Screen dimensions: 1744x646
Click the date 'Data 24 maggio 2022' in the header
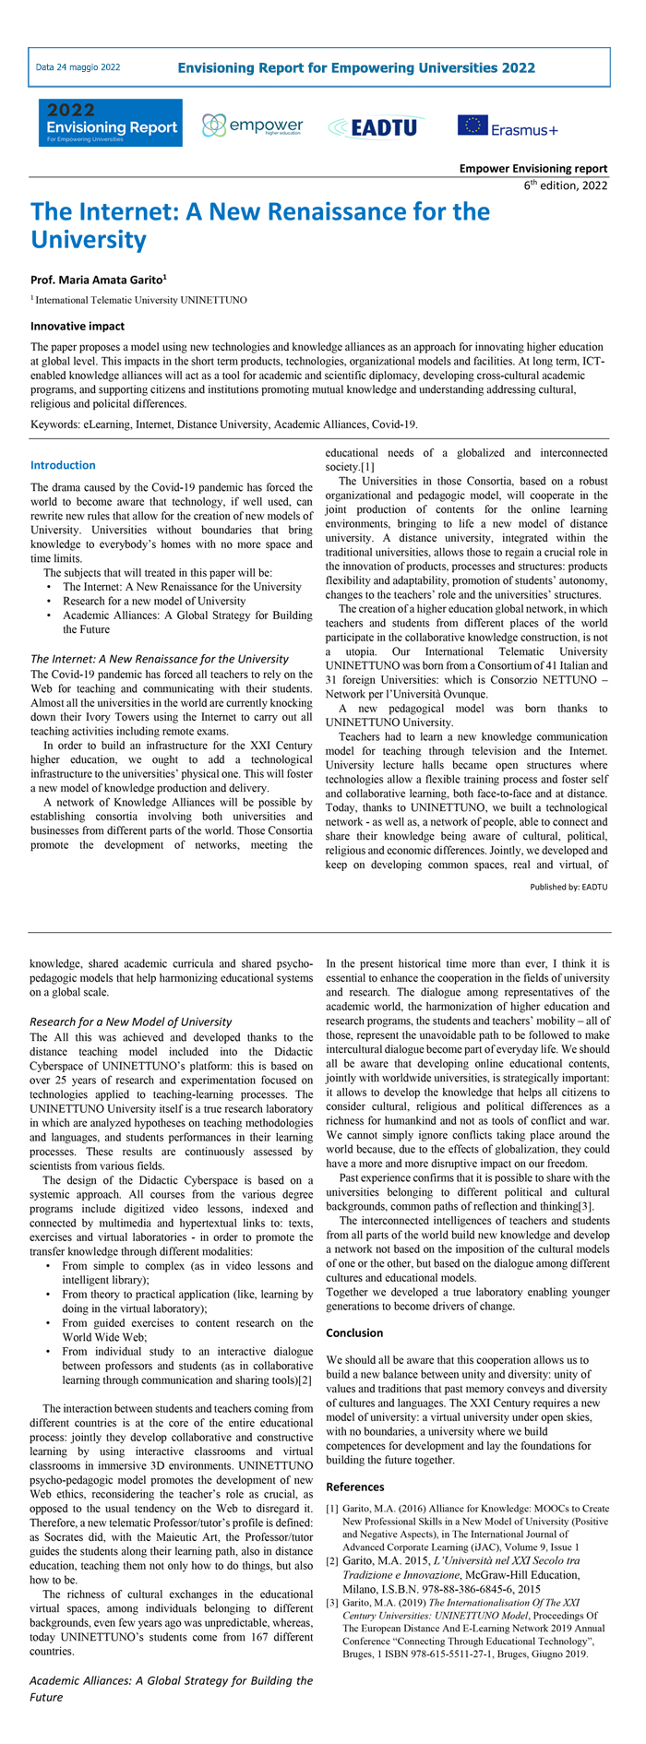[78, 67]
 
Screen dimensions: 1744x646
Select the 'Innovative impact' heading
[78, 326]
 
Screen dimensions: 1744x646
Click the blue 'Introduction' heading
[63, 465]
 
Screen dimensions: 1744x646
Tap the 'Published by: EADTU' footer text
[568, 886]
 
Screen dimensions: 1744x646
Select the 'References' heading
[355, 1487]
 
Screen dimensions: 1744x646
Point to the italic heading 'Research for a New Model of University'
[131, 1021]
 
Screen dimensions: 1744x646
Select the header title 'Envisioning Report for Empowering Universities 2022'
[356, 67]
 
